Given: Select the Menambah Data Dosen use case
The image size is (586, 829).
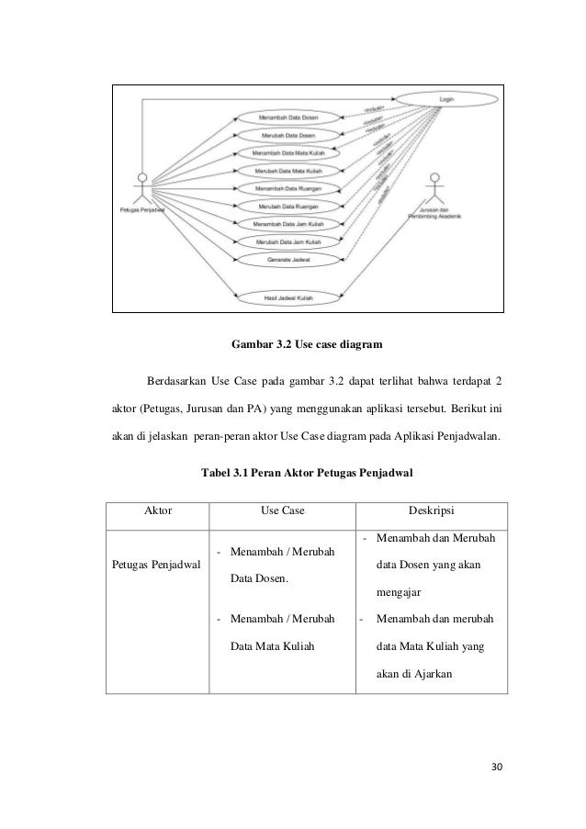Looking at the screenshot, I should [288, 118].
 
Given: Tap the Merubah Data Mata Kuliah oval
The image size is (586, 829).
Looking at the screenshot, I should [288, 171].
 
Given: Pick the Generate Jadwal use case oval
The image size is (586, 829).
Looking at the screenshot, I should [288, 260].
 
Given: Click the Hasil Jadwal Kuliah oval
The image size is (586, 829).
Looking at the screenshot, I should [288, 296].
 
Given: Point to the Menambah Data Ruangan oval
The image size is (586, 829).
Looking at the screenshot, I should [288, 188].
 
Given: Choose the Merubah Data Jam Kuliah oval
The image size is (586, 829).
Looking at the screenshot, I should [288, 242].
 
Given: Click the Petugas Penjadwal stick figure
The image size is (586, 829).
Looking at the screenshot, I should [141, 187].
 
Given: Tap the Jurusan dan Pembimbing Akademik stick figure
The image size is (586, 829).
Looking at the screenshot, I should [435, 188].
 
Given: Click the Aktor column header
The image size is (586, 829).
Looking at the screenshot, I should [158, 507].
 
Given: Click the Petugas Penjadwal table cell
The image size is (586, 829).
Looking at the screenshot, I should [157, 565].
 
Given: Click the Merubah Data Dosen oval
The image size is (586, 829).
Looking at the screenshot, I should [288, 135].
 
